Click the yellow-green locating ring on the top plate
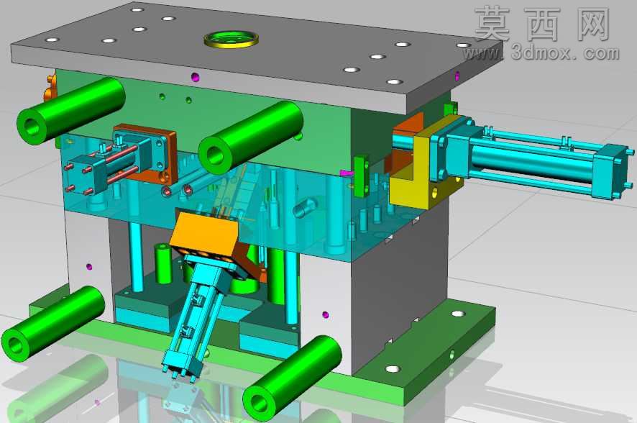point(232,43)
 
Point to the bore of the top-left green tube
point(32,127)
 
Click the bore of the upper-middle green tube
point(214,155)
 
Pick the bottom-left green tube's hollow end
point(15,345)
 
